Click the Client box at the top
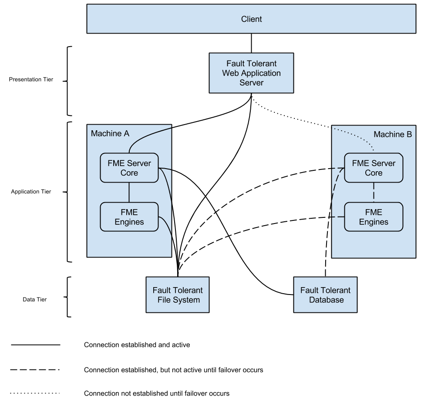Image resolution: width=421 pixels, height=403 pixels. click(x=251, y=19)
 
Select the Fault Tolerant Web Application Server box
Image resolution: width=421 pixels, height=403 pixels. click(x=251, y=73)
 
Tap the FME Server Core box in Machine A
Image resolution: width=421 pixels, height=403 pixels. click(x=129, y=168)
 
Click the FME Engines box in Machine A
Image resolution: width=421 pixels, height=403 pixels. click(x=129, y=217)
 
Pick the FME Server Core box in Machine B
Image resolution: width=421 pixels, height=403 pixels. click(x=374, y=168)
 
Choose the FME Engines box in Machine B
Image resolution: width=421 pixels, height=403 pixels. click(x=374, y=217)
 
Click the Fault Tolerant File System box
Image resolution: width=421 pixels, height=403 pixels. click(x=178, y=295)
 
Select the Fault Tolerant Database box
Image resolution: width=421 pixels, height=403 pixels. click(x=325, y=295)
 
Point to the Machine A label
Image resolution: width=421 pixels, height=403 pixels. click(x=110, y=133)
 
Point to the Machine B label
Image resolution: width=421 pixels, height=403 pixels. click(x=393, y=134)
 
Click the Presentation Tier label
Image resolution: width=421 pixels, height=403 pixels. click(x=31, y=80)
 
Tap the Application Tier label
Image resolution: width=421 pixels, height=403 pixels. click(x=31, y=192)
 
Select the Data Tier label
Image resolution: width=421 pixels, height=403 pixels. click(x=35, y=300)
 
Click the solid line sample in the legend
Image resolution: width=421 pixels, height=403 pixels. click(x=35, y=345)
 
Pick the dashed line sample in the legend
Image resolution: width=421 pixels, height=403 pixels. click(x=35, y=370)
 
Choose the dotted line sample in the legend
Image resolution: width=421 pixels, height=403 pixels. click(x=35, y=393)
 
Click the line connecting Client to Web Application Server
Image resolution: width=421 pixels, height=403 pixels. click(x=251, y=43)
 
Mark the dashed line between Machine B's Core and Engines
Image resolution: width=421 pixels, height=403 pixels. click(x=374, y=193)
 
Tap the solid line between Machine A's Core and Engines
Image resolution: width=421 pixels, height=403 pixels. click(x=129, y=193)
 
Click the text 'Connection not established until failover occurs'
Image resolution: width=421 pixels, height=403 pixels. click(x=157, y=393)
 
